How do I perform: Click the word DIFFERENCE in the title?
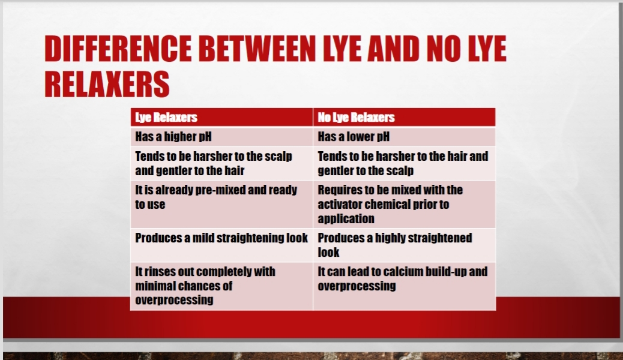118,49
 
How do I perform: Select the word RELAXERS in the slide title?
107,84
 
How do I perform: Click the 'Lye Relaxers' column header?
166,117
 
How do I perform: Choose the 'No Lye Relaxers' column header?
356,117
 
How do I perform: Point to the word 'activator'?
339,204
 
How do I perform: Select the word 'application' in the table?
346,219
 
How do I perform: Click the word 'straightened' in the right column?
440,238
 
